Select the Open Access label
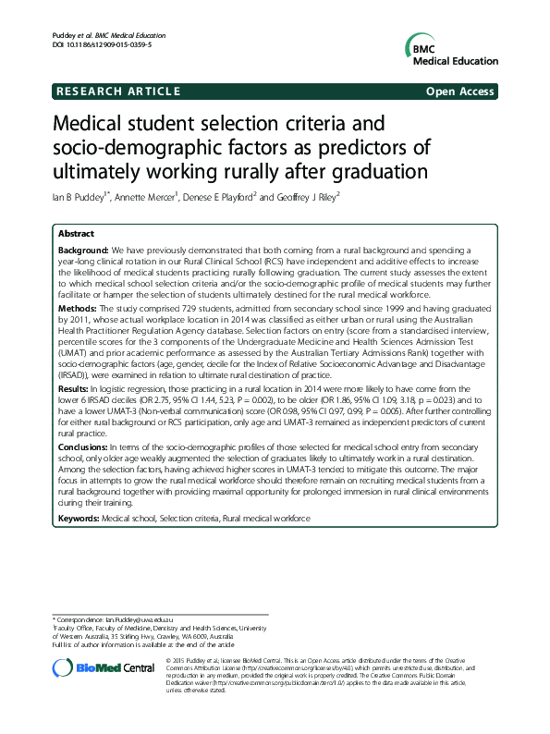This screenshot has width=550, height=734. pos(460,92)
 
